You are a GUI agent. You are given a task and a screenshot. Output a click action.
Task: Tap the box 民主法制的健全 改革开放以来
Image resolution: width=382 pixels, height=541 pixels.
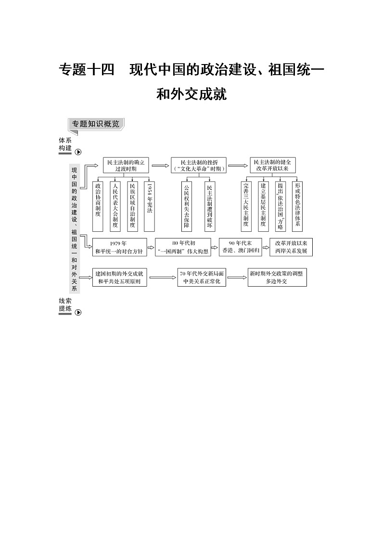[272, 165]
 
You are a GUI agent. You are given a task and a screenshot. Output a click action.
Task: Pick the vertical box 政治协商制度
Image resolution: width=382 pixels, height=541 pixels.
[98, 206]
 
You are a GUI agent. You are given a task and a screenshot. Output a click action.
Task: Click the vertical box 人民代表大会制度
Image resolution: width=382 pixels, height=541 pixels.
[115, 206]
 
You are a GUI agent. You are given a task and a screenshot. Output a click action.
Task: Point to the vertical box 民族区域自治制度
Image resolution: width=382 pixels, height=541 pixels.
[132, 206]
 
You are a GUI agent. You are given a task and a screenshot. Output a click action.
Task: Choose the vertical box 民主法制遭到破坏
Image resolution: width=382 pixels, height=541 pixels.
[209, 206]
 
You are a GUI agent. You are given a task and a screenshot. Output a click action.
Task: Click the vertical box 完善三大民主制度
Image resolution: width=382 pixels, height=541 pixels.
[246, 206]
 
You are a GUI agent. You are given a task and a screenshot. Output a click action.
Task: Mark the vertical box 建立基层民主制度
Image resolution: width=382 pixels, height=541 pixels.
[263, 206]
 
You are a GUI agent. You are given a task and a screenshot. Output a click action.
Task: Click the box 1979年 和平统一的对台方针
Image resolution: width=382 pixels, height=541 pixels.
[119, 247]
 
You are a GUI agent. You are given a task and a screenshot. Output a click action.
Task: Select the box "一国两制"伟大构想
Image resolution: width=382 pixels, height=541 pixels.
[183, 247]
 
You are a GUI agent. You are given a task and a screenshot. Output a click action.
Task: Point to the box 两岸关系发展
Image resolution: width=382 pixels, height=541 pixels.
[291, 247]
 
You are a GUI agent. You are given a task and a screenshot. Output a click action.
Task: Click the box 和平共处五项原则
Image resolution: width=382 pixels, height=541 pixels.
[119, 277]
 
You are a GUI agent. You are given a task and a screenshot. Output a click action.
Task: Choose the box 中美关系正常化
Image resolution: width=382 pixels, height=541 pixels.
[202, 277]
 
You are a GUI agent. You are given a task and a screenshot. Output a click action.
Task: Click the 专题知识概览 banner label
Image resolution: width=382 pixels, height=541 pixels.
[96, 124]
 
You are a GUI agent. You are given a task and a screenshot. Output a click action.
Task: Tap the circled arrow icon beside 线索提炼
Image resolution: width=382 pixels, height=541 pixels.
[78, 312]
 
